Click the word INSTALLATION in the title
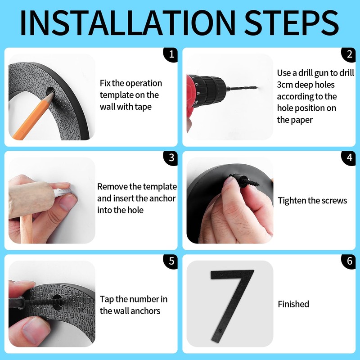(128, 23)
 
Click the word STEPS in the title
(291, 23)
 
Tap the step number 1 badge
(171, 54)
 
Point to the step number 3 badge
(171, 158)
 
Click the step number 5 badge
(171, 261)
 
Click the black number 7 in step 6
(232, 306)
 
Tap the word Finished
(293, 304)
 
